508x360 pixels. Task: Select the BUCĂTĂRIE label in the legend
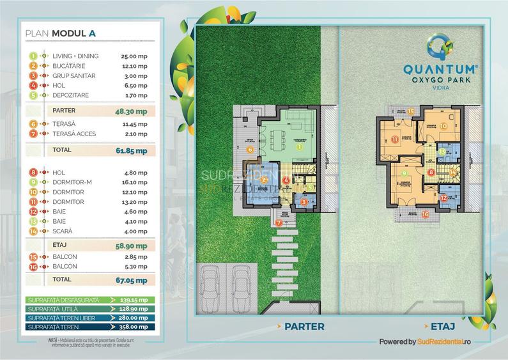pyautogui.click(x=70, y=66)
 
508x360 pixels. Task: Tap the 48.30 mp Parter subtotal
pyautogui.click(x=134, y=110)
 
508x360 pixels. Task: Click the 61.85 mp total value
pyautogui.click(x=134, y=151)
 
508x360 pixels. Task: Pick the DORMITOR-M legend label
pyautogui.click(x=73, y=182)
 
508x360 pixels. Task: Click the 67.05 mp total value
pyautogui.click(x=134, y=279)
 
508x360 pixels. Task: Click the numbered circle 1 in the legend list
pyautogui.click(x=31, y=56)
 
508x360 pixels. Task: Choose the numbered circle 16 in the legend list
pyautogui.click(x=31, y=266)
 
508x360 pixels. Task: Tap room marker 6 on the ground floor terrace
pyautogui.click(x=250, y=150)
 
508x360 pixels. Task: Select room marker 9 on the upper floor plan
pyautogui.click(x=404, y=173)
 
